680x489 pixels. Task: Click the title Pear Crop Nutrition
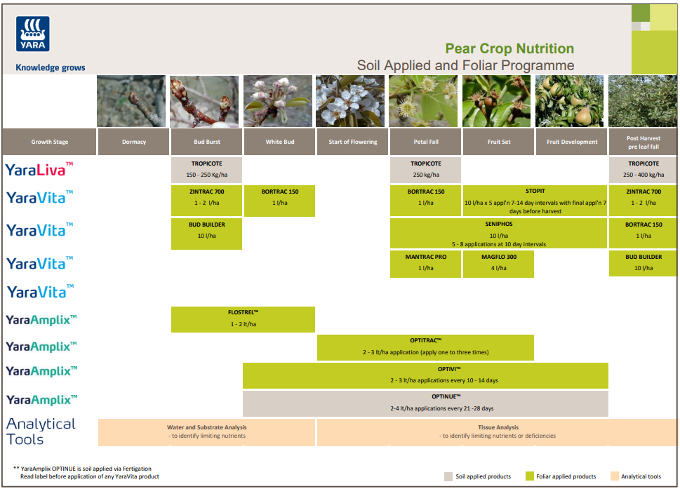click(x=509, y=48)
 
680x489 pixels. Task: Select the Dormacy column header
click(x=133, y=142)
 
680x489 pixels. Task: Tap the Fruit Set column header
click(x=498, y=142)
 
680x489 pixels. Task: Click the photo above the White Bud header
click(x=279, y=101)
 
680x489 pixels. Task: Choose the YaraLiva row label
click(x=39, y=169)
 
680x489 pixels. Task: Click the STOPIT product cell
click(x=535, y=201)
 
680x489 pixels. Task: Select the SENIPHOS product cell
click(x=498, y=233)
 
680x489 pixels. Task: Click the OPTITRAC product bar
click(x=425, y=347)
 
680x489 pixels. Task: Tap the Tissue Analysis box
click(x=498, y=431)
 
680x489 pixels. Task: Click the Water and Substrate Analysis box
click(x=207, y=431)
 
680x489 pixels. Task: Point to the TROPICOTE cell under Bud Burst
click(x=206, y=170)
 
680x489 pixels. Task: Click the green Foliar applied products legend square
click(x=530, y=476)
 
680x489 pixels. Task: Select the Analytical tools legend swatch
click(x=615, y=476)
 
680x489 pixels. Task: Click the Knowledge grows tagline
click(x=51, y=68)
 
